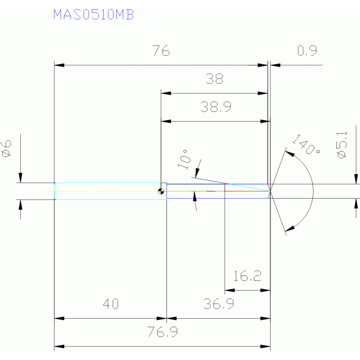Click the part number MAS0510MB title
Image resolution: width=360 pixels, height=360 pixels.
click(x=93, y=15)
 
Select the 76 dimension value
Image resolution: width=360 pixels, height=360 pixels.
click(x=161, y=51)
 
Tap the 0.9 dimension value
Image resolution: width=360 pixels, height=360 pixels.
click(x=307, y=51)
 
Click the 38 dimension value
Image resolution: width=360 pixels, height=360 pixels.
click(x=214, y=79)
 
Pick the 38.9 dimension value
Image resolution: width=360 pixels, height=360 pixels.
click(x=215, y=107)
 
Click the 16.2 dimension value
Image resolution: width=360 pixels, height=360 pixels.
click(x=247, y=276)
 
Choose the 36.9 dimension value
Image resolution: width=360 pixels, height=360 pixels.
click(x=219, y=304)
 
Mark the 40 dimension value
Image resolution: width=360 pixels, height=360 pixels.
click(x=110, y=304)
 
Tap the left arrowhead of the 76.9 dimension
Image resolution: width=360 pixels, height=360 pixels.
click(x=59, y=347)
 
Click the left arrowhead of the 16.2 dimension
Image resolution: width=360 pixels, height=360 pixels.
click(x=229, y=290)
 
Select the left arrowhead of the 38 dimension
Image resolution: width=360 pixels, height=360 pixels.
click(x=165, y=93)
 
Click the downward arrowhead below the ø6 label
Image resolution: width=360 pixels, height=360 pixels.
click(x=20, y=178)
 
